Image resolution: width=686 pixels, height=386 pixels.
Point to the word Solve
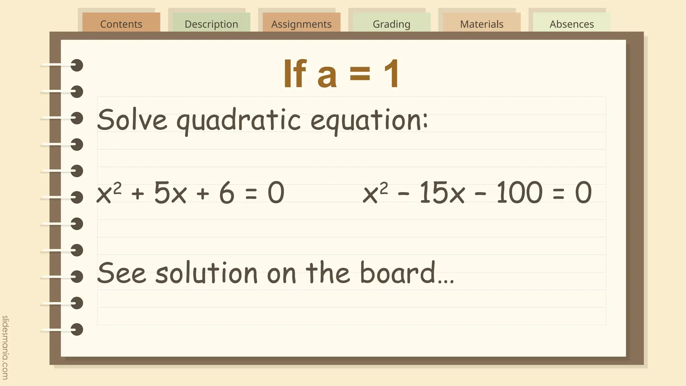point(132,120)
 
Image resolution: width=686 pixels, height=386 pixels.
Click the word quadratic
point(238,121)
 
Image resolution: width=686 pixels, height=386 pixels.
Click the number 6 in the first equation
point(227,193)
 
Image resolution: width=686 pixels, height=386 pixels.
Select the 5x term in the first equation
point(170,193)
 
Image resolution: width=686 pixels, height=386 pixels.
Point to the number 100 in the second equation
point(519,193)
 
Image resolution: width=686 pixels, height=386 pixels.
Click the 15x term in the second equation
point(442,193)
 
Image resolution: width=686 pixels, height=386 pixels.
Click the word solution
point(206,273)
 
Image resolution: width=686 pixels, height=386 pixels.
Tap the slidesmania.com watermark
point(5,347)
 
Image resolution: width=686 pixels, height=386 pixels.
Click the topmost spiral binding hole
point(77,65)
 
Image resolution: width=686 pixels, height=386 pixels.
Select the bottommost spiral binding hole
point(77,329)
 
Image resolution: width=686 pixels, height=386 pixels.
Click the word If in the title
point(295,74)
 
